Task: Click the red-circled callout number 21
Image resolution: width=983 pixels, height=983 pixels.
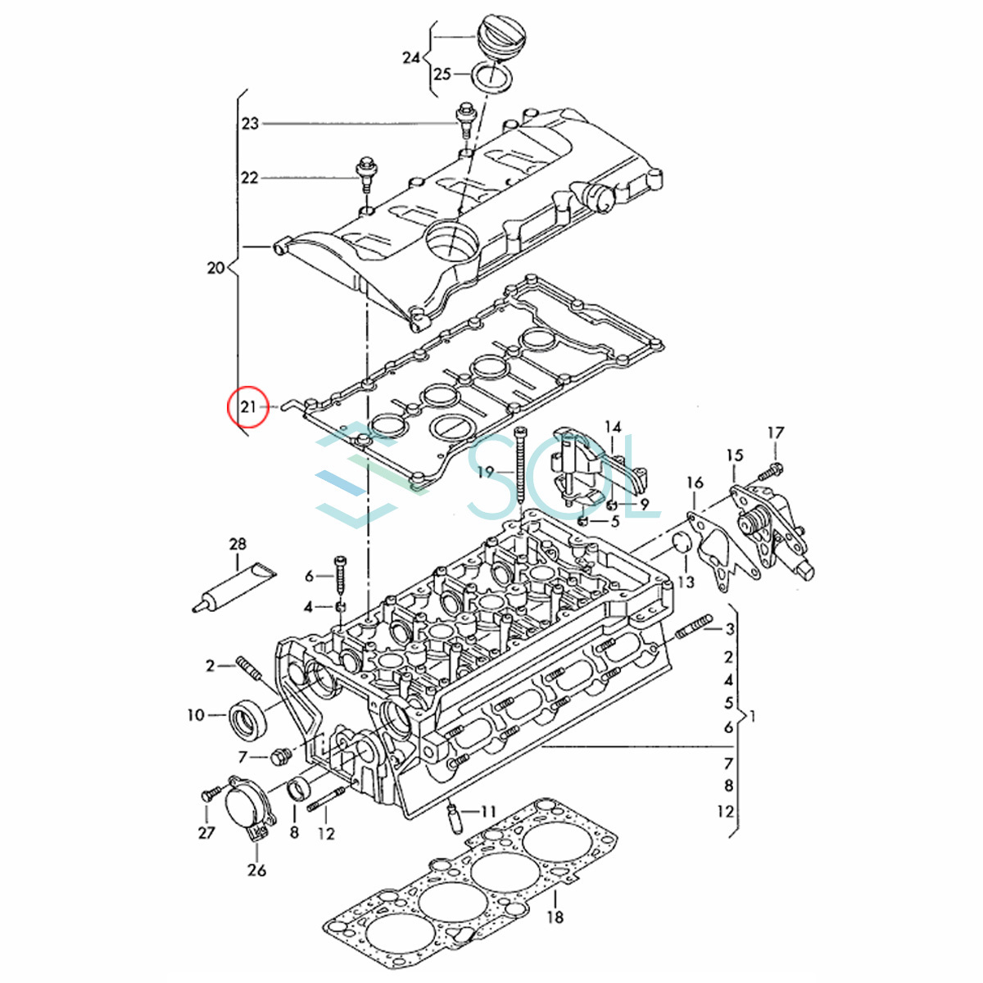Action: pos(248,407)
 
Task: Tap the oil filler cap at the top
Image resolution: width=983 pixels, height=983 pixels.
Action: pos(494,38)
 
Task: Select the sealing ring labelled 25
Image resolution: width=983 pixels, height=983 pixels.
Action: pos(491,76)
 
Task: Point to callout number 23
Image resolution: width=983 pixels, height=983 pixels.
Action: pos(251,124)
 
